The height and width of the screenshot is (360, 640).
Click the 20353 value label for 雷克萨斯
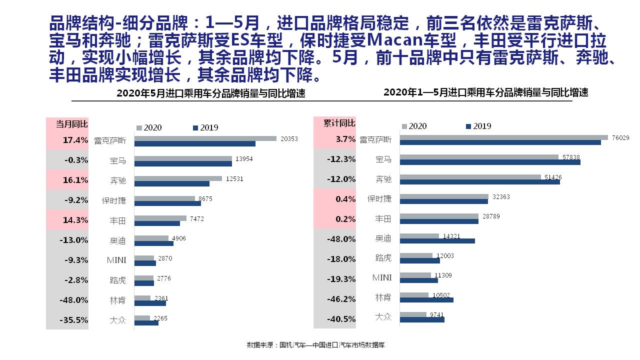click(x=289, y=139)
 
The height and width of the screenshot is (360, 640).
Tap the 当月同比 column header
click(x=71, y=123)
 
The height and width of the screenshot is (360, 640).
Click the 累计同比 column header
click(x=339, y=123)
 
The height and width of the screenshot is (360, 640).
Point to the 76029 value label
click(x=620, y=137)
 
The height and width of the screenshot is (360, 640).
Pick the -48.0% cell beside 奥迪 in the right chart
click(x=341, y=239)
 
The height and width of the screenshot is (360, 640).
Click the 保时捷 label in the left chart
click(x=114, y=200)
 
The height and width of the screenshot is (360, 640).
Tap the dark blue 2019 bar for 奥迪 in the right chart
click(x=437, y=241)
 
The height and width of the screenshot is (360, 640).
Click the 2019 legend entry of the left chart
click(x=205, y=128)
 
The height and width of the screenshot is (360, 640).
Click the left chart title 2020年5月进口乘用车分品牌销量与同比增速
click(x=210, y=93)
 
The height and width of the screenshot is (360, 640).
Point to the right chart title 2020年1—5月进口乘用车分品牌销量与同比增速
click(x=485, y=92)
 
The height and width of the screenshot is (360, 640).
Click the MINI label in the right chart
click(x=382, y=277)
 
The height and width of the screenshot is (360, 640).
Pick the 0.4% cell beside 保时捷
click(x=345, y=199)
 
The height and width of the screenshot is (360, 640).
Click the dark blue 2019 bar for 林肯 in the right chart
click(x=426, y=300)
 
